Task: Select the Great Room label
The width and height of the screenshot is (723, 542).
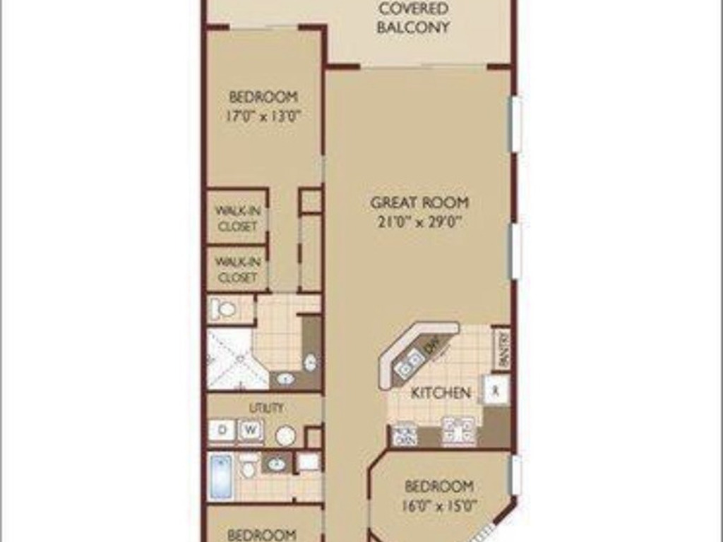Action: point(419,203)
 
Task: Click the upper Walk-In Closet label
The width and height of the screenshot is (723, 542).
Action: point(237,218)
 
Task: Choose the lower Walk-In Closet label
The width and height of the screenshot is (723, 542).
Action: point(237,269)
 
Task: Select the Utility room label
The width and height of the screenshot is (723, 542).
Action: point(266,407)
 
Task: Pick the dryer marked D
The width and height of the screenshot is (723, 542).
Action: point(221,430)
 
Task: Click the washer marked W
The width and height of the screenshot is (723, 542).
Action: point(250,430)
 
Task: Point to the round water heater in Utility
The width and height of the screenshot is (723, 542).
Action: point(285,435)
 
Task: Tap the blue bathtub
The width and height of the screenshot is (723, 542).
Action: point(220,476)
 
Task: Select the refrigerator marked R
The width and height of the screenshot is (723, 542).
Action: point(496,390)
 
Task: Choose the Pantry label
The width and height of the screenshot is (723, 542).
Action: point(501,348)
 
